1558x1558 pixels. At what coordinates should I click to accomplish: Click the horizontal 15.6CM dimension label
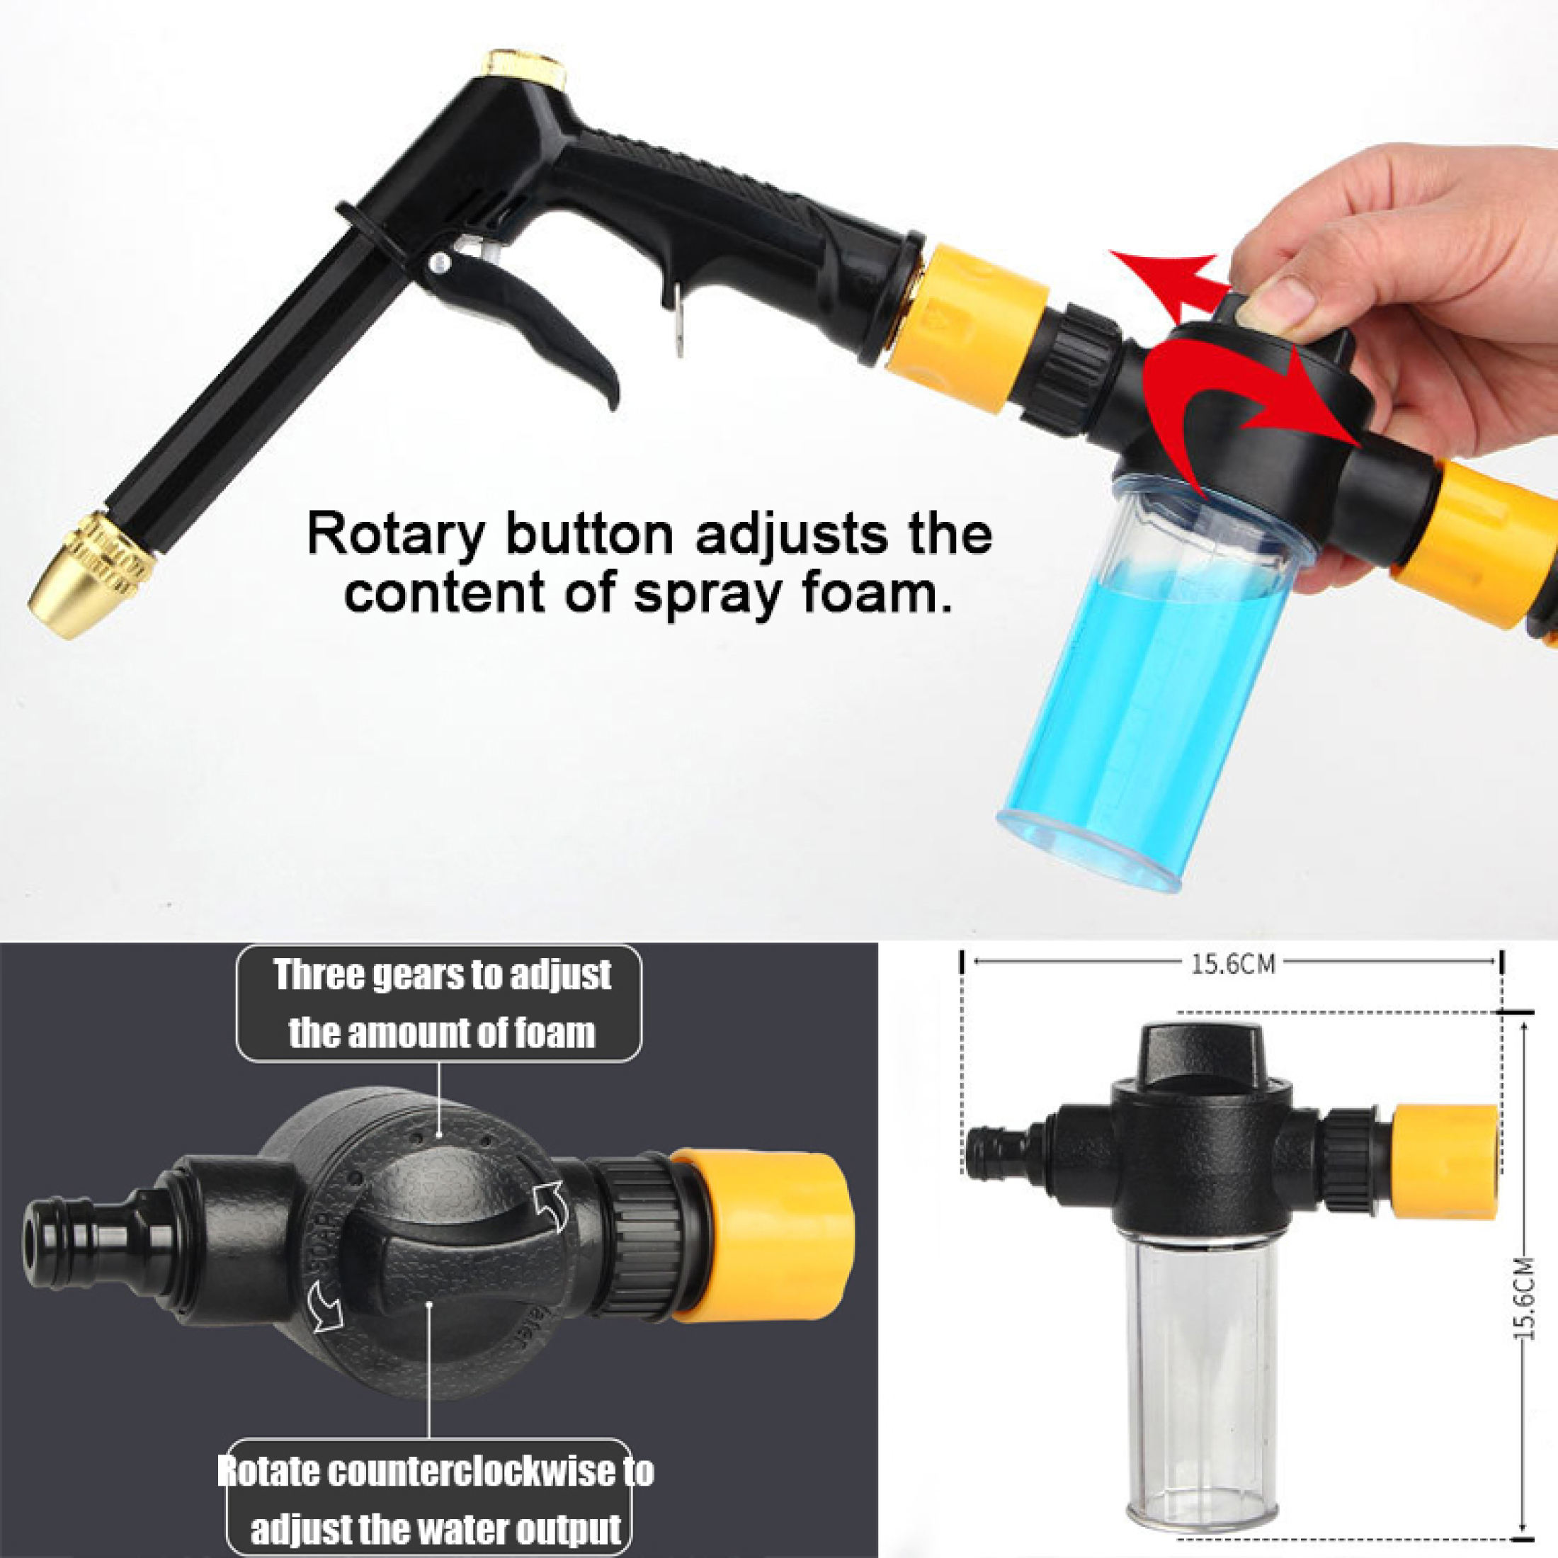point(1233,965)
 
